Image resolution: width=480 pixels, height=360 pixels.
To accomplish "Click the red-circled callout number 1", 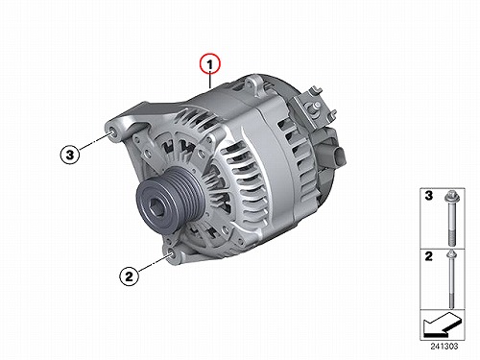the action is [210, 64].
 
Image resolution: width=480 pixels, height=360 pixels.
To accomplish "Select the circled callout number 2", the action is [129, 276].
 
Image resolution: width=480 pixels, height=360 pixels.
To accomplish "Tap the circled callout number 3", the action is [70, 155].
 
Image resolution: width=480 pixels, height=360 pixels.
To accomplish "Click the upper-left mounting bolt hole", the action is [112, 132].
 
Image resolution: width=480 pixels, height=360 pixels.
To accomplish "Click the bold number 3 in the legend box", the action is [429, 195].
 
